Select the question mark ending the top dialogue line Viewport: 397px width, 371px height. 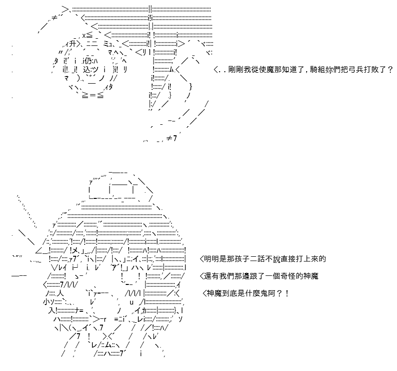pyautogui.click(x=390, y=69)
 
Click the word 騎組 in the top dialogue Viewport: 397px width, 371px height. pyautogui.click(x=317, y=69)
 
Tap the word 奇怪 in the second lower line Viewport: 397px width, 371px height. pyautogui.click(x=288, y=276)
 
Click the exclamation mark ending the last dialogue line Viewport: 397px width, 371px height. pyautogui.click(x=287, y=293)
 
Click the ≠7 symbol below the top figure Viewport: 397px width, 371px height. pyautogui.click(x=172, y=138)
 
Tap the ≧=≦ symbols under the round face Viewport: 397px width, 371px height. pyautogui.click(x=93, y=96)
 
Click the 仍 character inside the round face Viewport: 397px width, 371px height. pyautogui.click(x=88, y=61)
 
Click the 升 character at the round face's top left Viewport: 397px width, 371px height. pyautogui.click(x=72, y=44)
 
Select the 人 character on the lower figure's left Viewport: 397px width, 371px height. pyautogui.click(x=60, y=294)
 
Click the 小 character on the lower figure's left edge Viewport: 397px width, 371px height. pyautogui.click(x=46, y=302)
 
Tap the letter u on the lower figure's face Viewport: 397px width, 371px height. pyautogui.click(x=132, y=302)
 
